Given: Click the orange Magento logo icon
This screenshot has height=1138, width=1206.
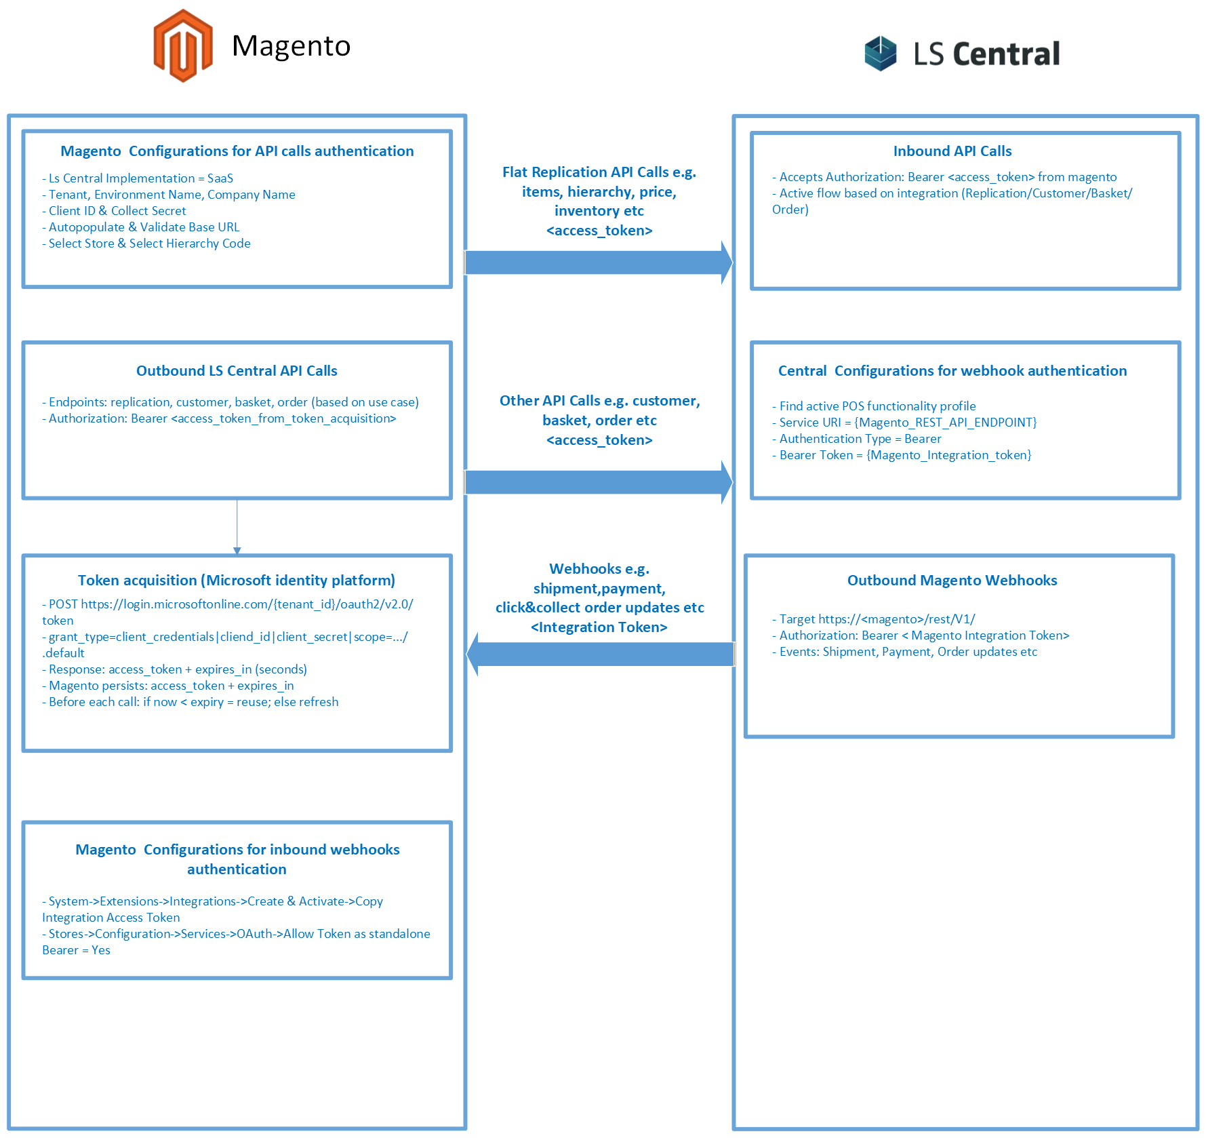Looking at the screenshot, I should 183,46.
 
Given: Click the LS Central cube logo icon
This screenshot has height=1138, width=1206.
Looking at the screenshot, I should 880,54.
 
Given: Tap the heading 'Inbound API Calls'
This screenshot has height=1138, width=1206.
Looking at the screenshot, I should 952,151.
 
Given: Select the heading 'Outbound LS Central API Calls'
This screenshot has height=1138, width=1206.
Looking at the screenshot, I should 237,371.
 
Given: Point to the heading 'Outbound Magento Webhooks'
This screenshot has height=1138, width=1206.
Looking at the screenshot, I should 952,581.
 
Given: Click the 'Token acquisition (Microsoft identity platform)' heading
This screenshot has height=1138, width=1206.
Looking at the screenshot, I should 236,581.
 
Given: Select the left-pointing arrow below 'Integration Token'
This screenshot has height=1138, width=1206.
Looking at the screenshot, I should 601,654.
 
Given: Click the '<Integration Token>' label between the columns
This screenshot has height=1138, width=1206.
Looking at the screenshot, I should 599,627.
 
